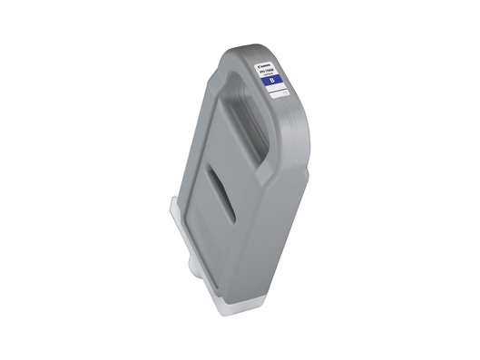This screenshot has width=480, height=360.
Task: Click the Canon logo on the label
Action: (x=266, y=65)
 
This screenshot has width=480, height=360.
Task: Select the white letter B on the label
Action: (x=271, y=82)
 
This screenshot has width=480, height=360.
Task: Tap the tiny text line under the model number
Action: (x=269, y=76)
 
